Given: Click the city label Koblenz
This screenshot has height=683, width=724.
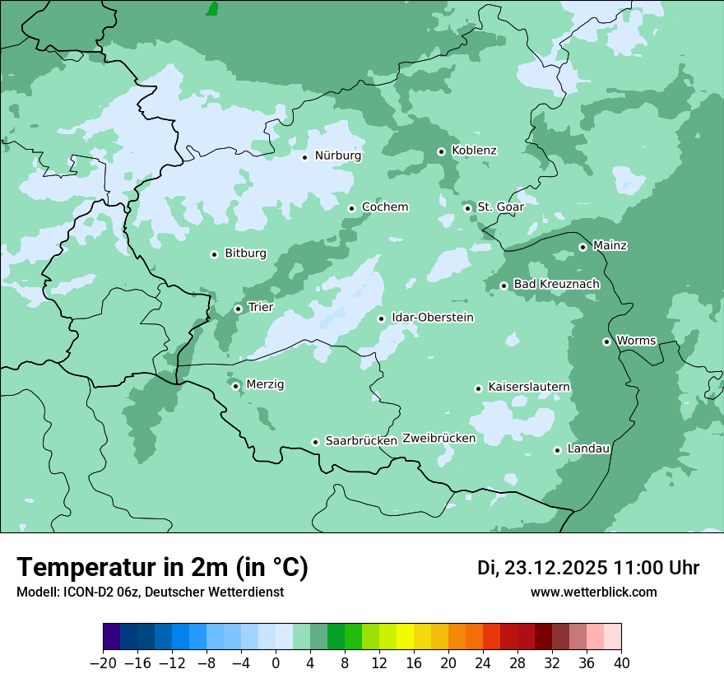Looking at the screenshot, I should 474,151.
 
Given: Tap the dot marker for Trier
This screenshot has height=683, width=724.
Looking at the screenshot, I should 238,309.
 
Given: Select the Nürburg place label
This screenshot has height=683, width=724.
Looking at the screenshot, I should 337,156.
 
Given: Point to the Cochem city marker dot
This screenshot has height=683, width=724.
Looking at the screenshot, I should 351,208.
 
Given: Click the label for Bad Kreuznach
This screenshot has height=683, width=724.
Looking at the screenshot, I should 556,284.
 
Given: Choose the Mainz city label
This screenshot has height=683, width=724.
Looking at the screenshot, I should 610,245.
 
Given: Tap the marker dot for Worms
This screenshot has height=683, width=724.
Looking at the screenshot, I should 606,341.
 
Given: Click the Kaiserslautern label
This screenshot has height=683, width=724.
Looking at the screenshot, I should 529,387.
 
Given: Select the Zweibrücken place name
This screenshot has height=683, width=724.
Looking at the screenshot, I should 439,439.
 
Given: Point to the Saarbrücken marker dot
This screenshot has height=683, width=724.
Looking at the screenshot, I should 315,442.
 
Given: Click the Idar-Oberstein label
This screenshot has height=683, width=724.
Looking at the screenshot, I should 433,318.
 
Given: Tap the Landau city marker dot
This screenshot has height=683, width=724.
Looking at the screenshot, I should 557,450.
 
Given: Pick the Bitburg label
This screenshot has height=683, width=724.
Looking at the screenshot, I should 245,253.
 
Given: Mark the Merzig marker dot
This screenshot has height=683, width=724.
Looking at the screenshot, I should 235,386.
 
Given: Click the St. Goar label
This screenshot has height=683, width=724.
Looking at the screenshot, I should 500,207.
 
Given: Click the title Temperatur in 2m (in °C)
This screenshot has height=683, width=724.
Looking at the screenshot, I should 162,568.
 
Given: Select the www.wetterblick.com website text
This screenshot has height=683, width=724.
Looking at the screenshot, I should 593,592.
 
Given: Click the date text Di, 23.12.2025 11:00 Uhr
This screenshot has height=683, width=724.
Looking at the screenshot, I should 588,568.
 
